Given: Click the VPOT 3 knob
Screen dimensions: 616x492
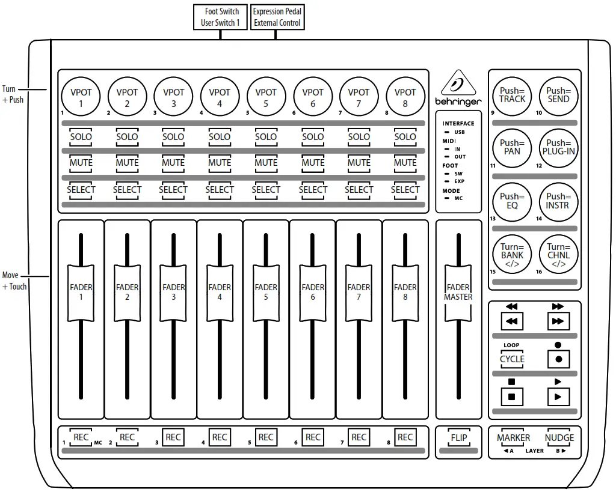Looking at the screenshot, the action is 173,97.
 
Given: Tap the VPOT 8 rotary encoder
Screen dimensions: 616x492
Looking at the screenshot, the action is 405,97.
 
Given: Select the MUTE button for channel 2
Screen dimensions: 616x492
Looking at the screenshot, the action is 127,163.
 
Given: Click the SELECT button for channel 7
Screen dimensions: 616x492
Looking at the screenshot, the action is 359,190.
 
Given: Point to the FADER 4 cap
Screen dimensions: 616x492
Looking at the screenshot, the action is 220,292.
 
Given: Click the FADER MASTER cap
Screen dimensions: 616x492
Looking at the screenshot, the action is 458,292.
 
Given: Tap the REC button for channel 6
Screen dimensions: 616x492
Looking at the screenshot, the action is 313,437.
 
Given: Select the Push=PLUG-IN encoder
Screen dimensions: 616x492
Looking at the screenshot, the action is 559,147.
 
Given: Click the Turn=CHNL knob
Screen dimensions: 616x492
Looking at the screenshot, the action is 559,255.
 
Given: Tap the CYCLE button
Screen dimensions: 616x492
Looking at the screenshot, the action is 512,359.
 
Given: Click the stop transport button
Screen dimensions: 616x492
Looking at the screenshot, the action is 512,396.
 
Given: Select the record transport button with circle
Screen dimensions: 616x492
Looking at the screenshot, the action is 558,359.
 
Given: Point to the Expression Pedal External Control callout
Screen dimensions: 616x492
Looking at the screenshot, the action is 277,17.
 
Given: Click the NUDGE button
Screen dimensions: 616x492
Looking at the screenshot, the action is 559,438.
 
